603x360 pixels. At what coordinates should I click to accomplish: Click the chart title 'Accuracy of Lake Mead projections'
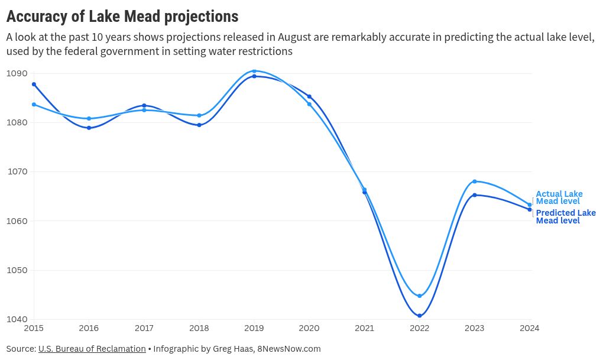(x=122, y=16)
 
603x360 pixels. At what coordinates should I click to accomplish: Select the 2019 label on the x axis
(x=254, y=327)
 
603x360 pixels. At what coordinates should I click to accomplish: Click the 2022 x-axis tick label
(x=420, y=327)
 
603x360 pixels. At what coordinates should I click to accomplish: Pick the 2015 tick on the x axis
(x=34, y=327)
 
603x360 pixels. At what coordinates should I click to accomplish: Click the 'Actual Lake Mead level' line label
(x=559, y=197)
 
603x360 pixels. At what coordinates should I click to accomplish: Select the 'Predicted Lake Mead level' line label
(x=565, y=216)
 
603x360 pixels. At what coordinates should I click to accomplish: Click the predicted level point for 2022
(x=420, y=316)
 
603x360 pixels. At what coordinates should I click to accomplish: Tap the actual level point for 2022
(x=420, y=296)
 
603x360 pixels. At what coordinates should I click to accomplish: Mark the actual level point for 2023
(x=475, y=181)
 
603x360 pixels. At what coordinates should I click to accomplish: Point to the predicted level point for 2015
(x=34, y=84)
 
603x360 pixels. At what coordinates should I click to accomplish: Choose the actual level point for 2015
(x=34, y=104)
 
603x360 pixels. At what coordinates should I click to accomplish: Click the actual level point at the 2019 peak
(x=254, y=71)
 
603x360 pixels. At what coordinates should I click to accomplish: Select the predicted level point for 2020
(x=309, y=96)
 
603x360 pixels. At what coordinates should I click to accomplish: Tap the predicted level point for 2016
(x=89, y=128)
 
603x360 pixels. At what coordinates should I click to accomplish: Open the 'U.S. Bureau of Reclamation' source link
(x=92, y=349)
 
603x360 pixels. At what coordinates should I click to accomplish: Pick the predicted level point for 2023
(x=475, y=195)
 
